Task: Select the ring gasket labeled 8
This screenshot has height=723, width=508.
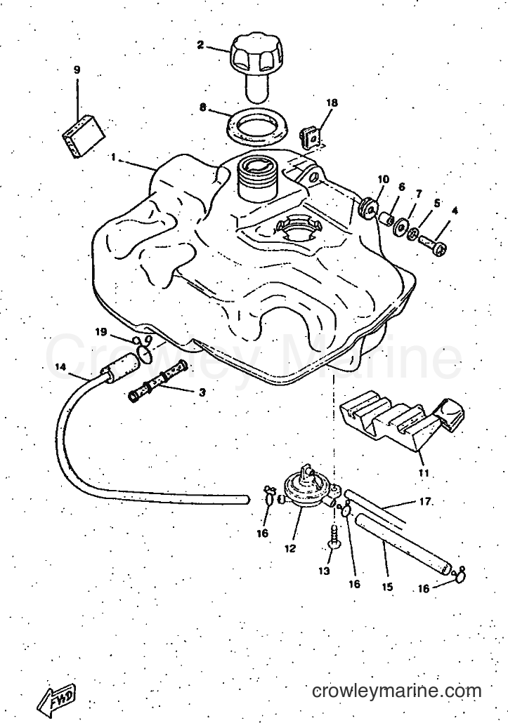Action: (257, 124)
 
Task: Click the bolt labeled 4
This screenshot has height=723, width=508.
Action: (434, 245)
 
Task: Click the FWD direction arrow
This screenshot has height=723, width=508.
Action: (56, 694)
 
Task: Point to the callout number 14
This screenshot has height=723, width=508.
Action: (60, 367)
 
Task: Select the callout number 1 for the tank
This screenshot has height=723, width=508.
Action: (113, 157)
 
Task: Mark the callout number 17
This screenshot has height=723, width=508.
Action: (424, 501)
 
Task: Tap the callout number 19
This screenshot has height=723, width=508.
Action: (101, 331)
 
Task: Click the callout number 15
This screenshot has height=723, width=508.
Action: (387, 587)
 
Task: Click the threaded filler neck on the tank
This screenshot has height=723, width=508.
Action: (256, 178)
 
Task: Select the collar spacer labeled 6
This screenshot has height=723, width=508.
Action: (386, 217)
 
